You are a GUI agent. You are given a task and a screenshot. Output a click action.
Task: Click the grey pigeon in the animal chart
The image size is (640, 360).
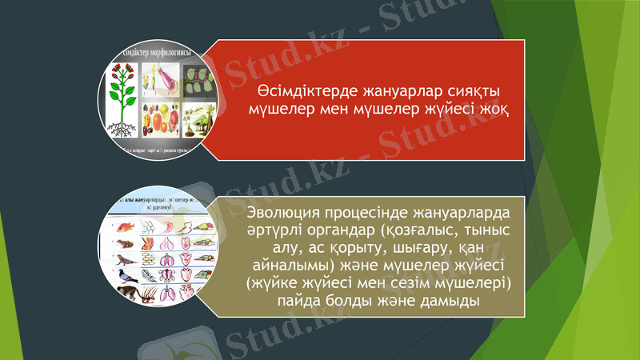(x=126, y=276)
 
